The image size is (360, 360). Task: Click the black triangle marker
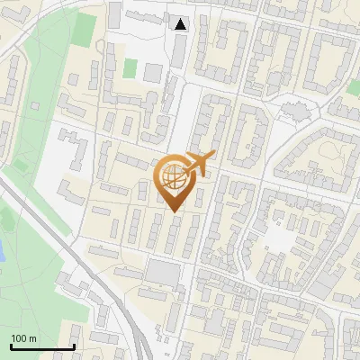coord(181,24)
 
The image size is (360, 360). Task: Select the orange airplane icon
coord(200,163)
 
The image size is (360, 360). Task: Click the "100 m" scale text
coord(23,338)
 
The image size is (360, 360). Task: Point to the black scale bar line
coord(42,347)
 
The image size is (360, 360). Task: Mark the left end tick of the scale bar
coord(11,346)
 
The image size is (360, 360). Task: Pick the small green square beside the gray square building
coord(130,67)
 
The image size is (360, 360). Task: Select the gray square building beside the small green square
coord(152,71)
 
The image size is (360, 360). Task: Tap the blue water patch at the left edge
coord(2,249)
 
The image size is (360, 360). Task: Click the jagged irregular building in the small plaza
coord(293,111)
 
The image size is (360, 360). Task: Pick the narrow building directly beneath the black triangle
coord(181,51)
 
